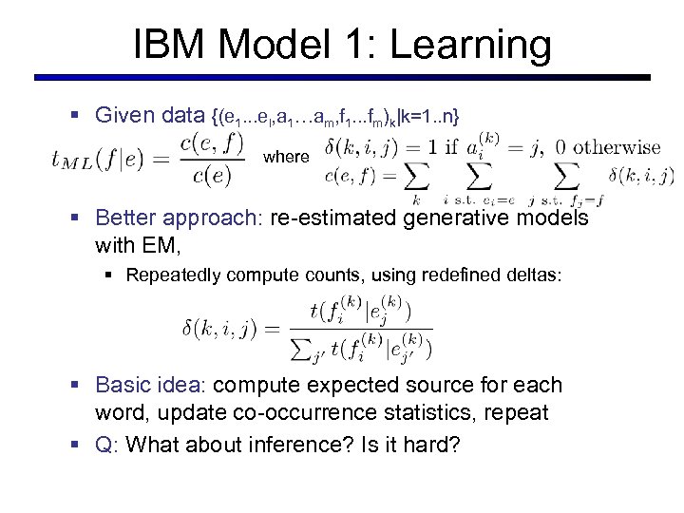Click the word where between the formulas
286,157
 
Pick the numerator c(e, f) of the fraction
214,143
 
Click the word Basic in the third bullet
124,386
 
